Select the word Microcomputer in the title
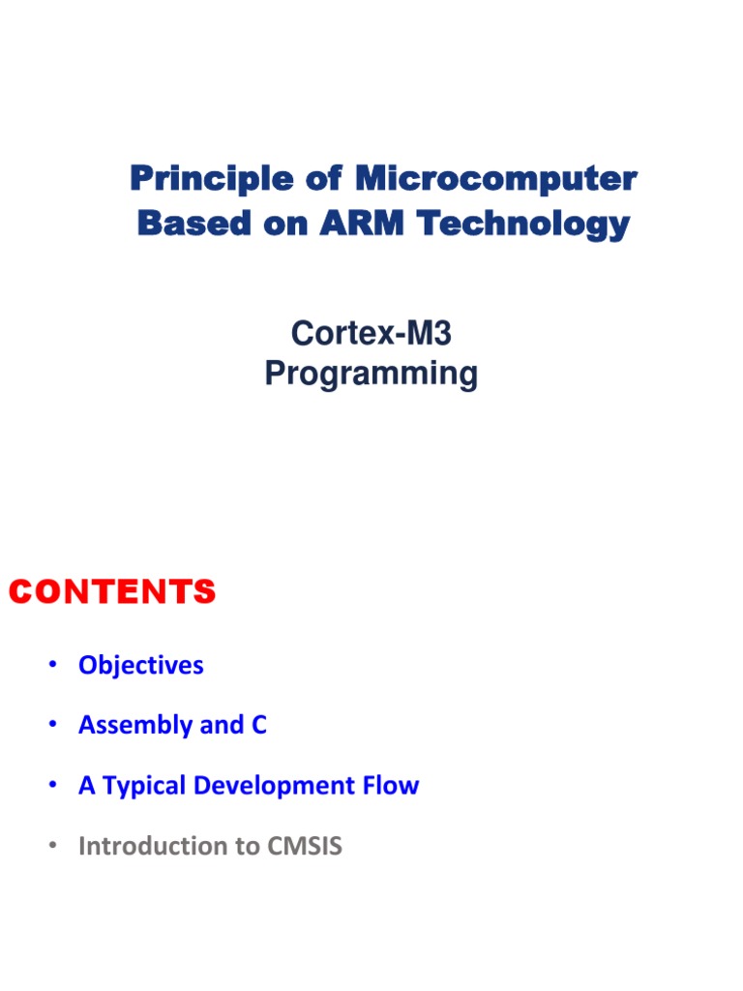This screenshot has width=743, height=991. point(496,179)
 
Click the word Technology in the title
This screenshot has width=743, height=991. point(523,224)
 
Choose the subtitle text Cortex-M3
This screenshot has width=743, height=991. point(371,334)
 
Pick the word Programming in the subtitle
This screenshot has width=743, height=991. point(371,374)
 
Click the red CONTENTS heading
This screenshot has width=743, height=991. point(112,592)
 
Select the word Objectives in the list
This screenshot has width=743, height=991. point(141,666)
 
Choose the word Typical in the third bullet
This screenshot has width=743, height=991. point(144,786)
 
